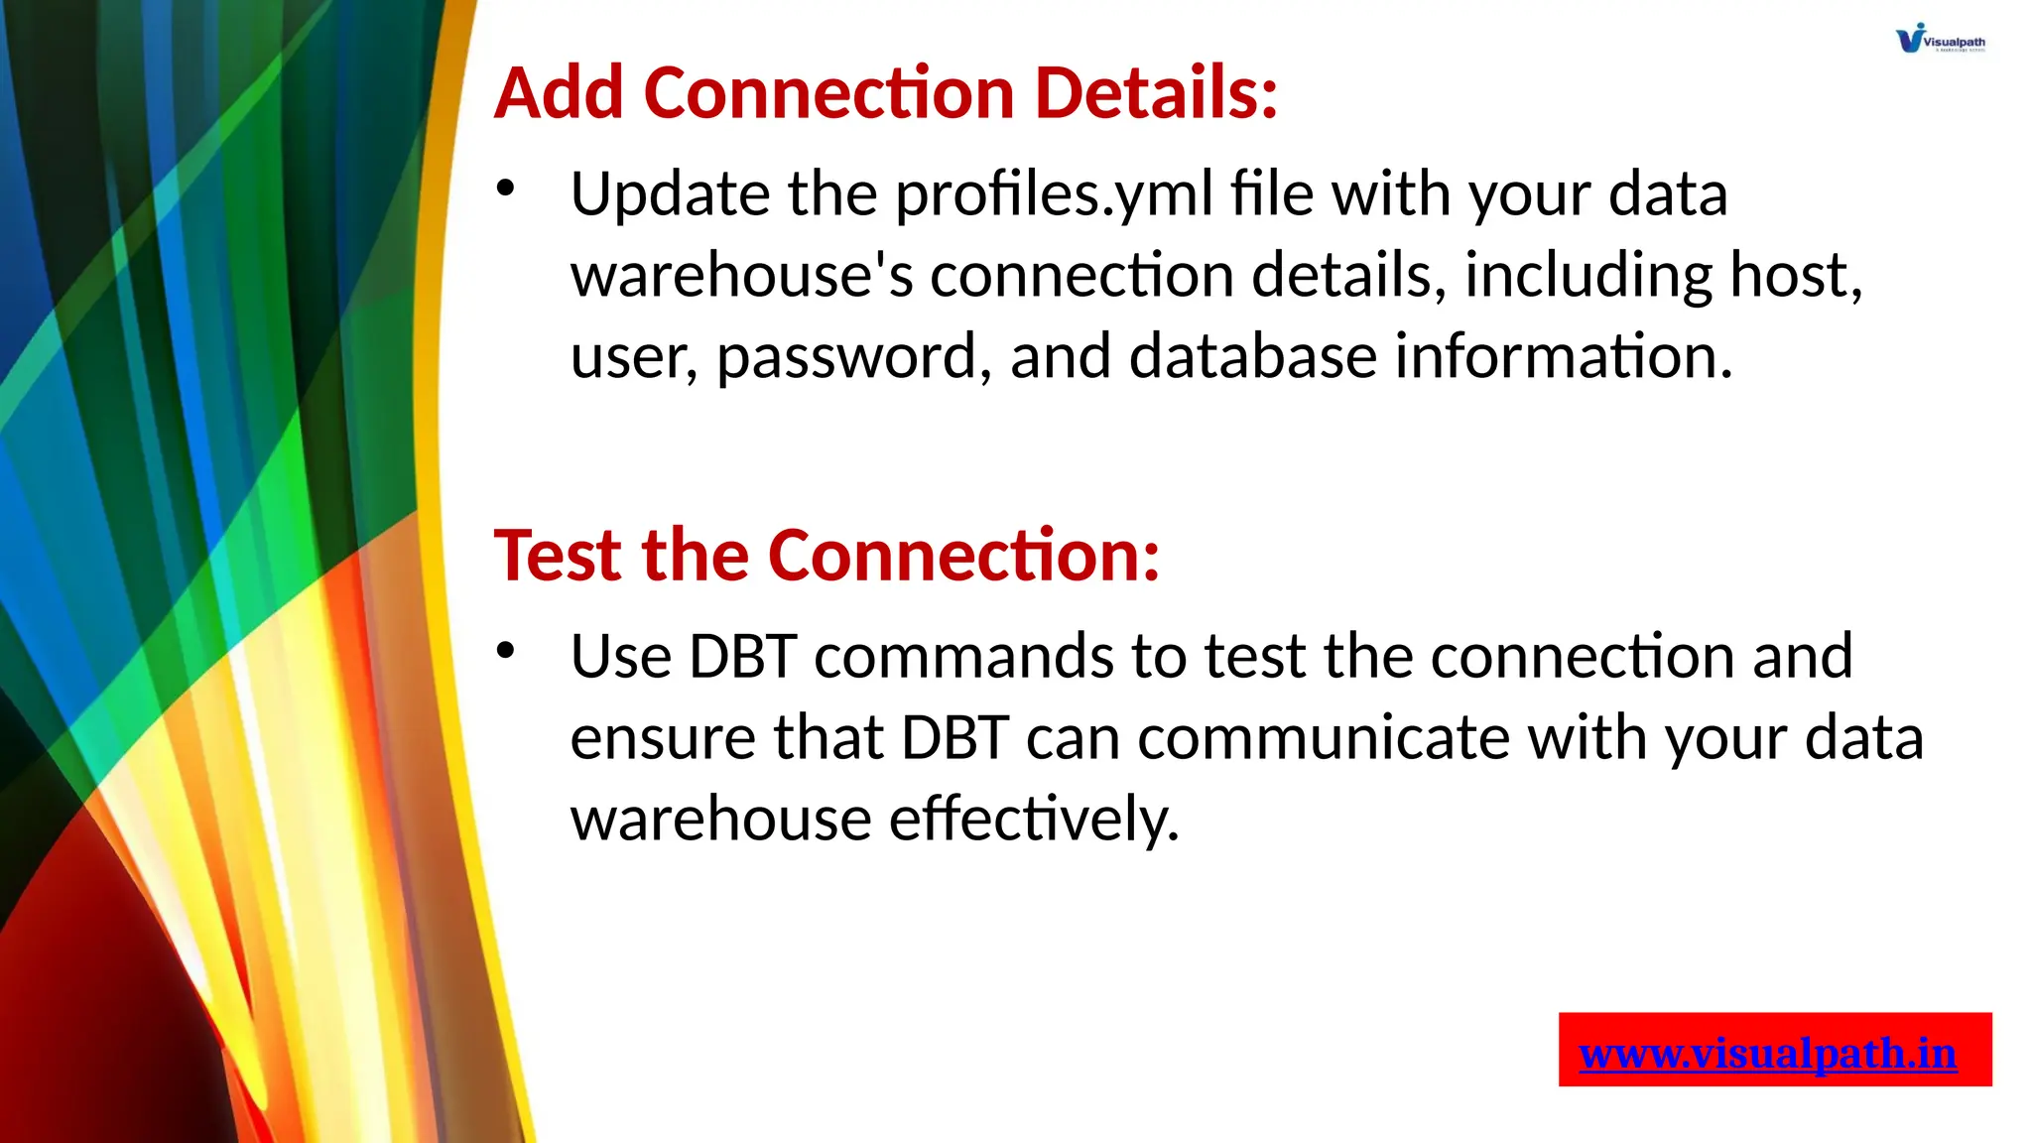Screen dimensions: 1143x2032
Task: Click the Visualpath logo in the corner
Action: pyautogui.click(x=1940, y=39)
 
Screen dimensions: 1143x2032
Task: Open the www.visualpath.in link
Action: pyautogui.click(x=1767, y=1053)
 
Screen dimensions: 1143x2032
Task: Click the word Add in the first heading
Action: pyautogui.click(x=559, y=92)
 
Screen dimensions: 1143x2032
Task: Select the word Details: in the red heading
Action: pyautogui.click(x=1156, y=92)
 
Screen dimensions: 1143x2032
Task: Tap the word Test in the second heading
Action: pyautogui.click(x=559, y=555)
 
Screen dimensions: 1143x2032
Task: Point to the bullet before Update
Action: pyautogui.click(x=506, y=189)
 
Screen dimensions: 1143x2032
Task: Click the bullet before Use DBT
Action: pyautogui.click(x=506, y=651)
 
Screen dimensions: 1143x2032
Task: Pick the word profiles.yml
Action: pyautogui.click(x=1054, y=194)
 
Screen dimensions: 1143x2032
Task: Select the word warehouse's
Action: pyautogui.click(x=741, y=276)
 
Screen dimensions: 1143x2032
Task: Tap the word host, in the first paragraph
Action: pyautogui.click(x=1796, y=276)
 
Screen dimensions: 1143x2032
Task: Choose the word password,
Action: pyautogui.click(x=853, y=357)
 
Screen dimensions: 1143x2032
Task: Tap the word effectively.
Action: pyautogui.click(x=1034, y=820)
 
